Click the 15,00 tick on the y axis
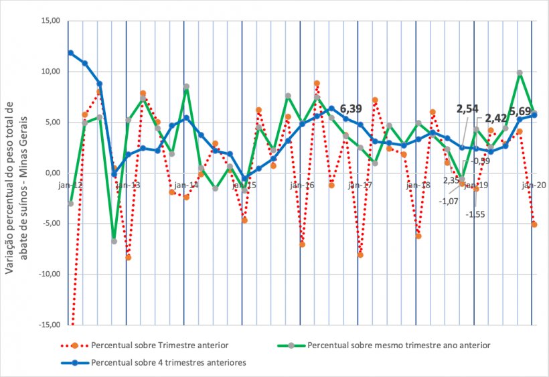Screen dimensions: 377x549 (x=51, y=21)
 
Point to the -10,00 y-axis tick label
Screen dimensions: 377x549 (x=50, y=275)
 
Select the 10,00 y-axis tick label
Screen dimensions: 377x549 (x=51, y=72)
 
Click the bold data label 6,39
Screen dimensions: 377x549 (x=351, y=108)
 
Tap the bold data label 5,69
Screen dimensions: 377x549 (x=520, y=111)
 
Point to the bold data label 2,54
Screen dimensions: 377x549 (x=467, y=108)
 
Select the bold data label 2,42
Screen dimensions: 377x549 (x=496, y=119)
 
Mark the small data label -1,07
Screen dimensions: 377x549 (x=448, y=201)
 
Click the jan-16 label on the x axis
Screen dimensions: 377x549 (x=301, y=185)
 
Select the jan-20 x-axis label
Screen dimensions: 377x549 (x=533, y=185)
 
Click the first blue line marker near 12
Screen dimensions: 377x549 (x=70, y=53)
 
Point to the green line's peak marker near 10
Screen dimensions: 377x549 (x=520, y=73)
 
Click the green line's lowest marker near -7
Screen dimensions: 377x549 (x=114, y=241)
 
